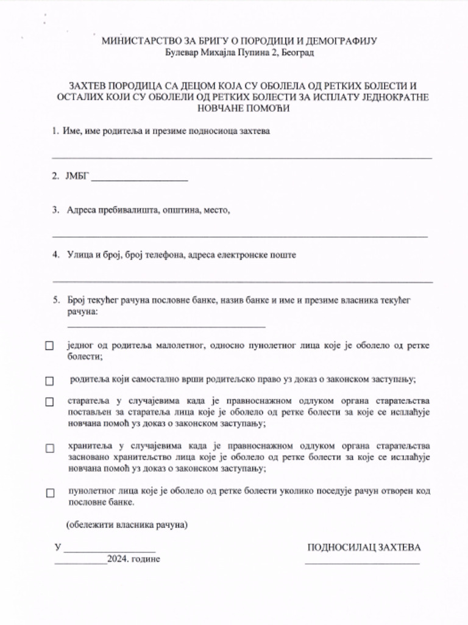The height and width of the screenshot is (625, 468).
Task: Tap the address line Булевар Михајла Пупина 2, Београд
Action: coord(240,53)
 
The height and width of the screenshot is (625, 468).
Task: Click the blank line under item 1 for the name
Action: coord(242,158)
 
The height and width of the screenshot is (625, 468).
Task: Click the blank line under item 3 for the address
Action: coord(239,236)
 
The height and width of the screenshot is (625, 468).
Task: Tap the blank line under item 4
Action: coord(243,282)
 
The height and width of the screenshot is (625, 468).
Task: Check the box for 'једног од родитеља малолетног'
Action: coord(50,346)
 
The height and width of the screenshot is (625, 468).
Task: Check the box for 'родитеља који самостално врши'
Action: coord(50,381)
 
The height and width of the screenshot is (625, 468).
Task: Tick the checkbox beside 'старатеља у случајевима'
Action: coord(50,402)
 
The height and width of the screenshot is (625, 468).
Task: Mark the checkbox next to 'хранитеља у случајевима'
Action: coord(50,448)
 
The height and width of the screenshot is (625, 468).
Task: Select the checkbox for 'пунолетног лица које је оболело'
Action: coord(50,493)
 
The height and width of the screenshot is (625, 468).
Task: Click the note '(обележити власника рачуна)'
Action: coord(127,524)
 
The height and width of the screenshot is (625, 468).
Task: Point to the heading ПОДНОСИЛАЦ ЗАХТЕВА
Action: coord(364,547)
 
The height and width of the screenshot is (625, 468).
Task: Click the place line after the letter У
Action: coord(110,551)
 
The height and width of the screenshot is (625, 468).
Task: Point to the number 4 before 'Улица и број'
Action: coord(55,255)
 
